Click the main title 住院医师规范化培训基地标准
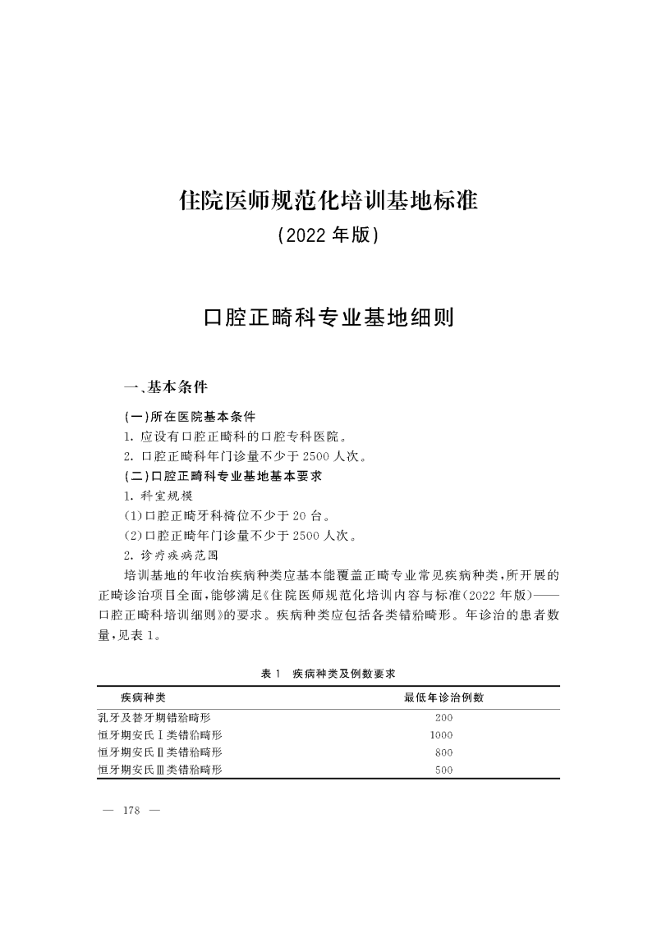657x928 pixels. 328,200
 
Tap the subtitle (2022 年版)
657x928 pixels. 328,236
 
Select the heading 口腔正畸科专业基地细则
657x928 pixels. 328,318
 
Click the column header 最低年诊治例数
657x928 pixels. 443,698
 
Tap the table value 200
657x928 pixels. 443,717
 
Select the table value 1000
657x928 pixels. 442,735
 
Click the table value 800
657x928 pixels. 443,752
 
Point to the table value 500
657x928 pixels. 443,770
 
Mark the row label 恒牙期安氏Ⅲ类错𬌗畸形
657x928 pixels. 160,770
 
